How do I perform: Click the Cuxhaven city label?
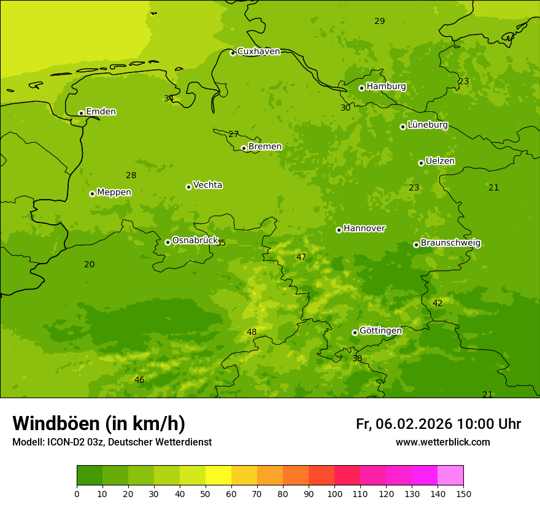(258, 52)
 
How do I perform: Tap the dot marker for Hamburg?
(361, 88)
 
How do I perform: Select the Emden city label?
(101, 112)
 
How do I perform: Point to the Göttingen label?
(380, 331)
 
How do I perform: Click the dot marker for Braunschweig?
(416, 245)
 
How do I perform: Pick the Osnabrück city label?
(195, 240)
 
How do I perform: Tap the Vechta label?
(207, 185)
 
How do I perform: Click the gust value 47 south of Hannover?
(301, 257)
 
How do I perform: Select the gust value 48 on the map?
(252, 332)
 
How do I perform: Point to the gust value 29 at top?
(380, 22)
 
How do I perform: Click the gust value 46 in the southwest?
(139, 380)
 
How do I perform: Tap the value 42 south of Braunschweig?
(438, 304)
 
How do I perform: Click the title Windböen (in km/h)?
(99, 423)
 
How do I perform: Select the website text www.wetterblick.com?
(442, 442)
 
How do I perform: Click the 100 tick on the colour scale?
(334, 493)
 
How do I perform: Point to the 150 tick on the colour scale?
(463, 493)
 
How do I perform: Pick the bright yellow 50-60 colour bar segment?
(218, 476)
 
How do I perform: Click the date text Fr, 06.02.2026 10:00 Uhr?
(438, 424)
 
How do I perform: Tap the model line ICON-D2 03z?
(112, 442)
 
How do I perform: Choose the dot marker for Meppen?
(92, 194)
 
